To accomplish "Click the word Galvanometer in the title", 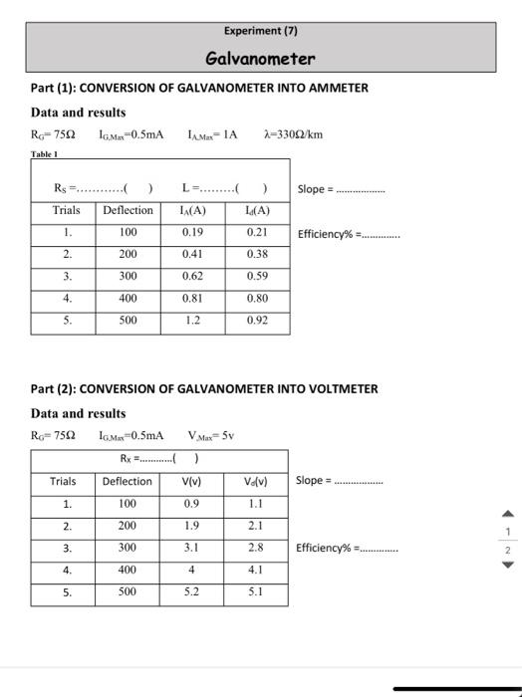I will [x=260, y=58].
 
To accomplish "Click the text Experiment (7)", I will [x=260, y=31].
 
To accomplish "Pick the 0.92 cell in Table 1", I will [x=257, y=322].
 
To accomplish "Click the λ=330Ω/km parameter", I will [x=294, y=134].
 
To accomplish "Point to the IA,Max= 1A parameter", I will [x=212, y=134].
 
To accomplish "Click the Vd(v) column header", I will [x=256, y=482].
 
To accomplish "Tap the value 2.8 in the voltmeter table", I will [x=256, y=548].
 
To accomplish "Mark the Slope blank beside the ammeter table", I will [x=359, y=189].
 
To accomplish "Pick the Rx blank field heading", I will [x=159, y=459].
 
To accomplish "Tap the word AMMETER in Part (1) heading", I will [x=331, y=88].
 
